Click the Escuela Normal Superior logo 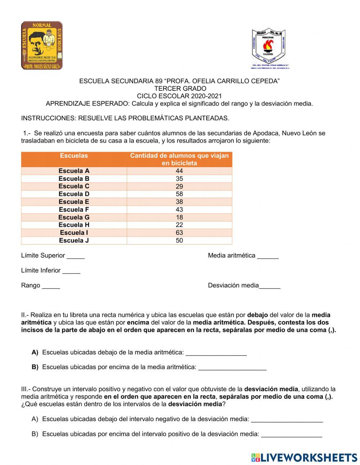pos(42,45)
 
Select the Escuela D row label pos(74,194)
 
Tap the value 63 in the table pos(179,233)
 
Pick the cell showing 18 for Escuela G pos(179,217)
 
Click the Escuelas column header pos(74,156)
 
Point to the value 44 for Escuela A pos(179,171)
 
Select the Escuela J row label pos(74,240)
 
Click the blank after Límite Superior pos(76,256)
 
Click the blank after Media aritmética pos(268,256)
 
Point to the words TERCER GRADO pos(180,89)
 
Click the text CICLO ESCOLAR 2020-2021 pos(179,96)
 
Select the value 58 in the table pos(179,194)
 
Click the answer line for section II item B pos(232,368)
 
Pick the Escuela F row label pos(74,210)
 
